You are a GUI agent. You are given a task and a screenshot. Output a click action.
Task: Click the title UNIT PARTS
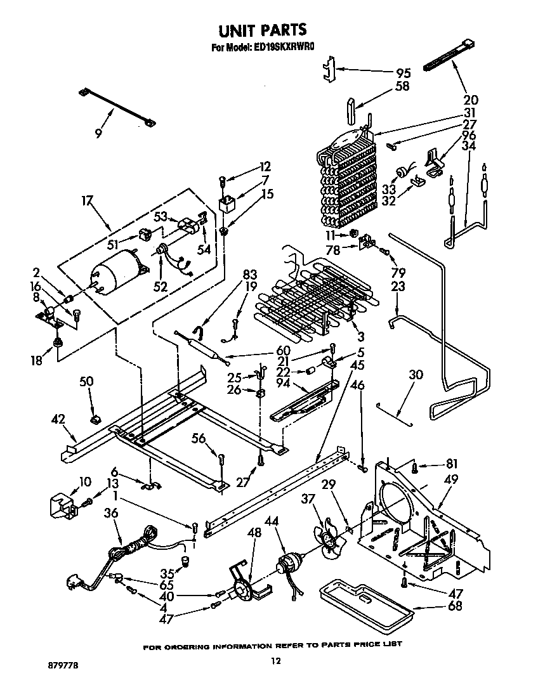point(263,30)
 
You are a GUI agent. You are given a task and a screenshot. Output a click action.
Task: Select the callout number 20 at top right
point(471,100)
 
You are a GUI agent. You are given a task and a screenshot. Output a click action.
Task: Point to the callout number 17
point(87,201)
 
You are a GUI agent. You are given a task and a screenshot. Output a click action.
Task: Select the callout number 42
point(59,419)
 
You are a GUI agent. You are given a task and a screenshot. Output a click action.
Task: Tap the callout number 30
point(416,375)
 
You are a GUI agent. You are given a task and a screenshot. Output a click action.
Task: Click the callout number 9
point(98,133)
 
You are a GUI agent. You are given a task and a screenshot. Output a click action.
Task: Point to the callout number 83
point(250,274)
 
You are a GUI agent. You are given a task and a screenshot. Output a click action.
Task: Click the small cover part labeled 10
point(63,505)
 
